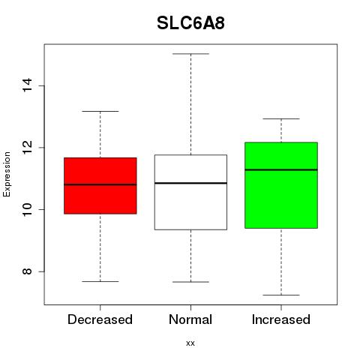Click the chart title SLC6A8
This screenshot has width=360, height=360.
coord(190,23)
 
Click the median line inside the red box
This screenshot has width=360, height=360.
coord(100,184)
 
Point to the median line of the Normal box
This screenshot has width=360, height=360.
coord(190,183)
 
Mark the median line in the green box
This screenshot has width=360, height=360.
coord(281,169)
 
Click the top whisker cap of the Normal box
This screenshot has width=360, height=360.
coord(190,54)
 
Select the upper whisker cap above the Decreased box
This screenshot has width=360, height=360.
coord(100,111)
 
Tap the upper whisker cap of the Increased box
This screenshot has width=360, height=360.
coord(281,118)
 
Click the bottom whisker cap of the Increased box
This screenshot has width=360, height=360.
coord(281,295)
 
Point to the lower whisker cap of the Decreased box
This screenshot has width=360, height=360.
coord(100,281)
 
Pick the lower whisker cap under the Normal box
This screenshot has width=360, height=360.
coord(190,282)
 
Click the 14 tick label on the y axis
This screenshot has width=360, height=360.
coord(27,85)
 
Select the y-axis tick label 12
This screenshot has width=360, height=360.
coord(27,147)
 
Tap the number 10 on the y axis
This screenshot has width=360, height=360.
coord(27,209)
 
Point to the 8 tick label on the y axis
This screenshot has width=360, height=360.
coord(27,271)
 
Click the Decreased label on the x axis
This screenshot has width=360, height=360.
coord(100,319)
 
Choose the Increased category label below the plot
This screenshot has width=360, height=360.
coord(281,319)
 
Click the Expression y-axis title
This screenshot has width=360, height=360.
coord(7,174)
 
